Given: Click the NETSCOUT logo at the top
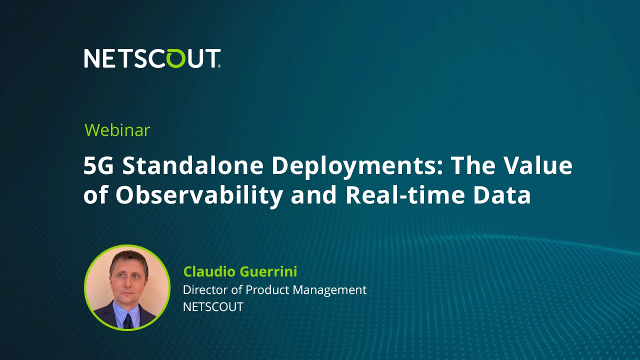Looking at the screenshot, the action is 152,58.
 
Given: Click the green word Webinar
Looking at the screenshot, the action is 117,130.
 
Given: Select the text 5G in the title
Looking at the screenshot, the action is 98,166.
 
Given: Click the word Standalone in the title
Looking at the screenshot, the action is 193,166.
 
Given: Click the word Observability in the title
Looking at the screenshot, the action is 199,197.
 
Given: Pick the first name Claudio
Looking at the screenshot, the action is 209,271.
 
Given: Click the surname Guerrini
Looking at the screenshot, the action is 268,271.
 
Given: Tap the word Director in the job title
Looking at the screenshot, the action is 205,290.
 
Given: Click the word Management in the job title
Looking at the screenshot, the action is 329,290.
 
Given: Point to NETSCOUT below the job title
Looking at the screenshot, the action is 213,307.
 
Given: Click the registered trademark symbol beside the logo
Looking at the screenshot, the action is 219,66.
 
